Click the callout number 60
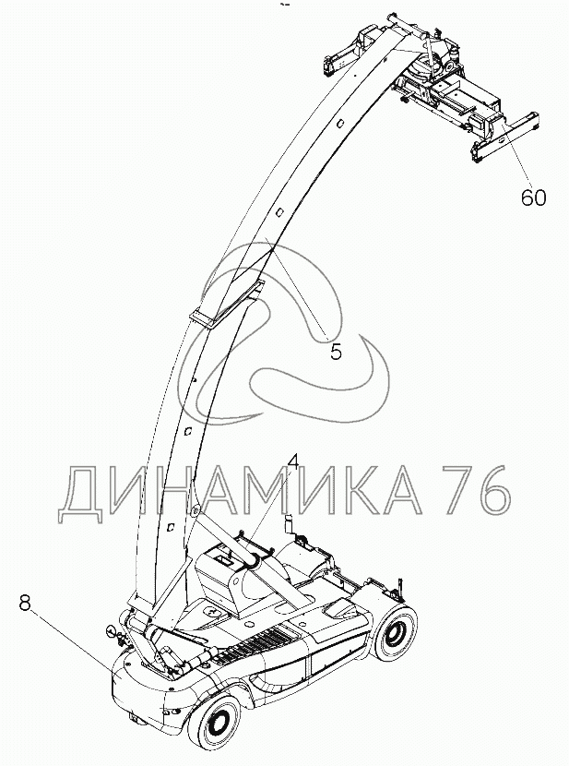tap(533, 197)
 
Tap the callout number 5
tap(336, 352)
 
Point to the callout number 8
tap(25, 604)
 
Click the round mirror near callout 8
tap(113, 633)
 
